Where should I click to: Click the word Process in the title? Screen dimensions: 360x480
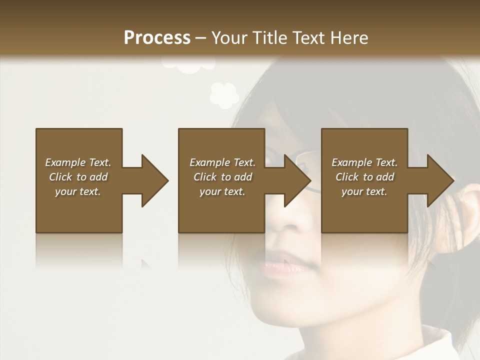point(157,38)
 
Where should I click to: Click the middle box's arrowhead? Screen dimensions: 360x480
point(297,180)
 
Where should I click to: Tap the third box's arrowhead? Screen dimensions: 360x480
point(440,180)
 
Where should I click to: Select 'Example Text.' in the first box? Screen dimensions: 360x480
point(78,162)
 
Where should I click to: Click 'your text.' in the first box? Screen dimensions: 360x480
point(78,191)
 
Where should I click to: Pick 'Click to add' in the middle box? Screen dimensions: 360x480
point(222,177)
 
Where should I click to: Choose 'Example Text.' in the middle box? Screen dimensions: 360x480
point(222,162)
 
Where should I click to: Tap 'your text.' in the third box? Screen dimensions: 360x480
point(364,191)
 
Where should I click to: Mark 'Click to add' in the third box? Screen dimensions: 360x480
point(364,177)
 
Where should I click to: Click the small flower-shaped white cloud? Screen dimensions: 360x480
point(223,95)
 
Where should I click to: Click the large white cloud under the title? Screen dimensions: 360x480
point(189,64)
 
